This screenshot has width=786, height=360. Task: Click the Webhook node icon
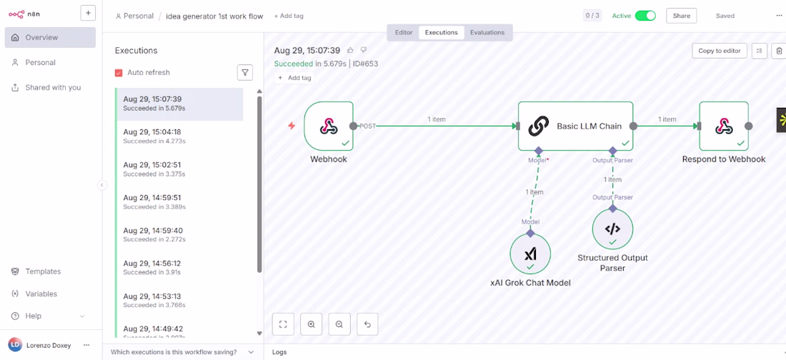pyautogui.click(x=329, y=126)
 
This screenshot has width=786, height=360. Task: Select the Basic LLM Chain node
pyautogui.click(x=575, y=126)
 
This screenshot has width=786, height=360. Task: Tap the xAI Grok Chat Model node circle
pyautogui.click(x=530, y=254)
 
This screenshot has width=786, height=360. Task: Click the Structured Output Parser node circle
pyautogui.click(x=612, y=229)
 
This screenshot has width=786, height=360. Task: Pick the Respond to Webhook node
pyautogui.click(x=724, y=126)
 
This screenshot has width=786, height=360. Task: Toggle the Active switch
pyautogui.click(x=645, y=16)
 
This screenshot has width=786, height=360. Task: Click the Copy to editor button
pyautogui.click(x=720, y=51)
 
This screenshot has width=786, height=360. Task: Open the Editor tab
pyautogui.click(x=404, y=33)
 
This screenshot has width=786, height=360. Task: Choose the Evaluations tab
pyautogui.click(x=487, y=33)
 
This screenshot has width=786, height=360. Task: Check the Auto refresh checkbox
pyautogui.click(x=119, y=73)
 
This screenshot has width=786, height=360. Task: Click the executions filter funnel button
pyautogui.click(x=244, y=73)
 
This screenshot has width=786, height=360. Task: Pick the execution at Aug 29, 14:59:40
pyautogui.click(x=179, y=235)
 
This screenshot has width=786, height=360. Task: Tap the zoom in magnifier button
pyautogui.click(x=312, y=324)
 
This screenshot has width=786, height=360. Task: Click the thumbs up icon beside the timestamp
pyautogui.click(x=350, y=50)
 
